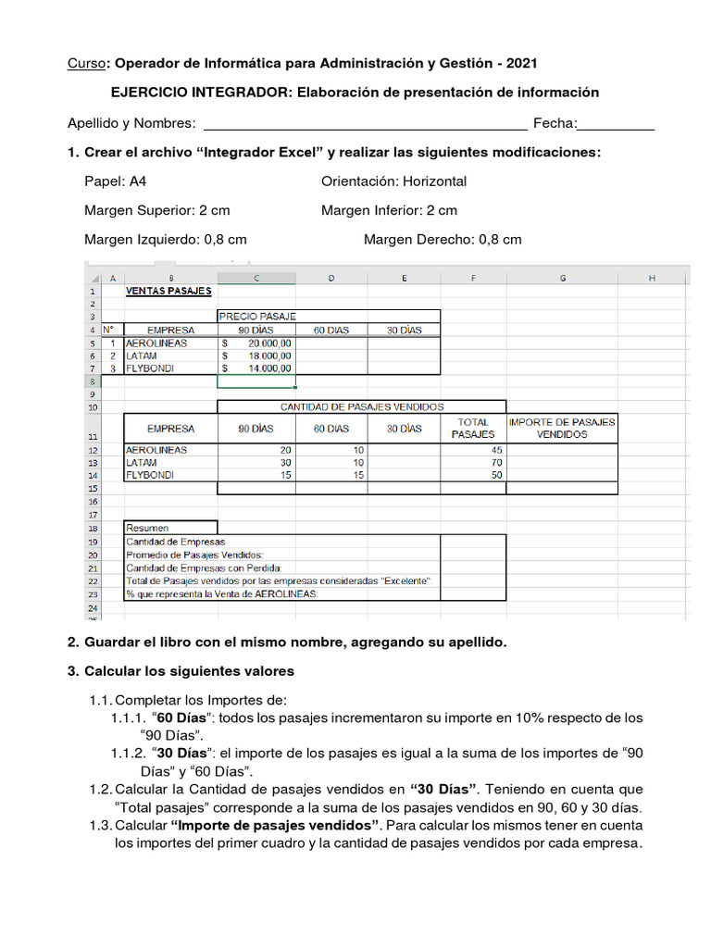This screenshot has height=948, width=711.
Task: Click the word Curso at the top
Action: [86, 63]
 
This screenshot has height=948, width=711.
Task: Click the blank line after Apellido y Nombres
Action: [365, 125]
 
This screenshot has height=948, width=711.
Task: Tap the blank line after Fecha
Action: [617, 125]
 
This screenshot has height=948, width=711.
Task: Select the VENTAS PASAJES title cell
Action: [169, 290]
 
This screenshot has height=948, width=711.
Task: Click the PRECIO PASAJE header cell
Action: [258, 316]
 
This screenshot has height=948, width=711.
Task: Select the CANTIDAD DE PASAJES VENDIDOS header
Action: [361, 406]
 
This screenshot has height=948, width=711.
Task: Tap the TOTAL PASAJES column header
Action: [473, 428]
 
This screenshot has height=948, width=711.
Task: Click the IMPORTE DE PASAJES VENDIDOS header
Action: [562, 428]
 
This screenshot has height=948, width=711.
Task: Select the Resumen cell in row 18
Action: [170, 528]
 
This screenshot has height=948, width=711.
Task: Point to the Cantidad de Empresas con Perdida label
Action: [204, 568]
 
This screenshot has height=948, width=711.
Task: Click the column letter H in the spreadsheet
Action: [652, 278]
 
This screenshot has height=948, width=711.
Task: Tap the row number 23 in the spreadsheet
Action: [93, 594]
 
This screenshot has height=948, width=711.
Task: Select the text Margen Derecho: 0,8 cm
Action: [443, 239]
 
